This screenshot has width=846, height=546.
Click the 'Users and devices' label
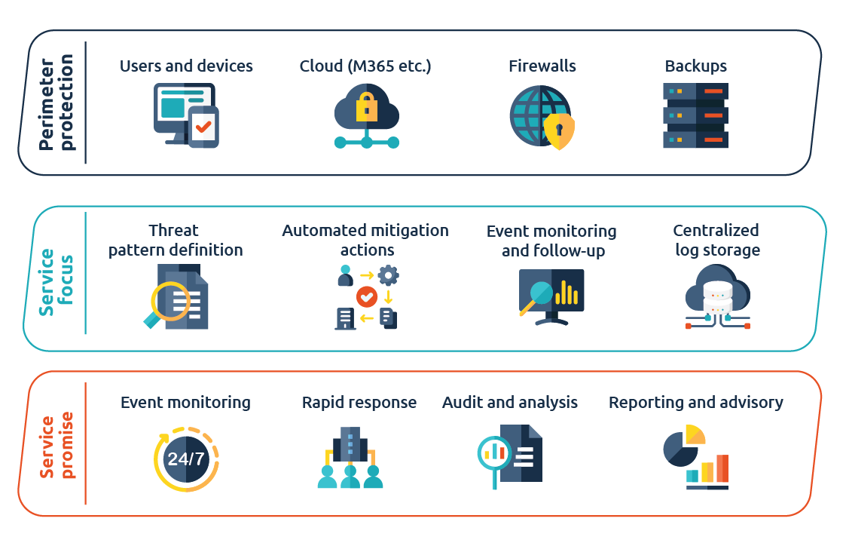186,66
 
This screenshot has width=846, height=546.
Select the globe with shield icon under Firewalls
541,118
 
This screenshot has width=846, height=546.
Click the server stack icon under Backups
695,115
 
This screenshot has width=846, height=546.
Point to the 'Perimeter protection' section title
57,103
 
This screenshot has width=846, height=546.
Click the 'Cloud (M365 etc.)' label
365,66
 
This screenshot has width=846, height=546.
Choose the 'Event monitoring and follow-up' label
551,241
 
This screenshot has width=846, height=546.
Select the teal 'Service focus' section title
57,278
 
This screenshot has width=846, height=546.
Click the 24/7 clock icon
186,458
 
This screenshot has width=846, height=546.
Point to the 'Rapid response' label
359,403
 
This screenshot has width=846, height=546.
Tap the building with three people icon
350,458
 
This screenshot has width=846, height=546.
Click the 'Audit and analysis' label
510,403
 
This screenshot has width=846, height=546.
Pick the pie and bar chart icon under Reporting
696,458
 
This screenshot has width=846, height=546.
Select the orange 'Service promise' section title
57,446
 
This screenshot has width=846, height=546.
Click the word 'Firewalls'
542,66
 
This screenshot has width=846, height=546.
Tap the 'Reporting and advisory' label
696,403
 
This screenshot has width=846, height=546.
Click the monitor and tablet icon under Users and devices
186,115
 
